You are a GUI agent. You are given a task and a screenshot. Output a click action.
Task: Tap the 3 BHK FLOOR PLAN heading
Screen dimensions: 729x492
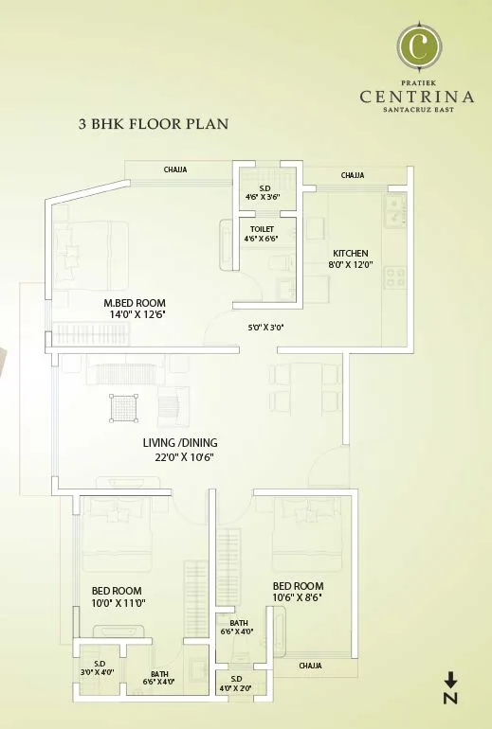[x=154, y=123]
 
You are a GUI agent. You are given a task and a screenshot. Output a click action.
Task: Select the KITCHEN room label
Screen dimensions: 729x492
[x=350, y=253]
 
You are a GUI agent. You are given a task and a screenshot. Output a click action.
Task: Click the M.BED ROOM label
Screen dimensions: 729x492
[x=135, y=303]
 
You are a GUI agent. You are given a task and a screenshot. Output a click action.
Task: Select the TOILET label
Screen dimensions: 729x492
[x=262, y=229]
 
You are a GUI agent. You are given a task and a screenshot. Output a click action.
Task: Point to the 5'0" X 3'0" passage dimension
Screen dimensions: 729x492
[x=264, y=327]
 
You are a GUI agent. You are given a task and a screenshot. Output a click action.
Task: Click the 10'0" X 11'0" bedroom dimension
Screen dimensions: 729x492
[x=118, y=602]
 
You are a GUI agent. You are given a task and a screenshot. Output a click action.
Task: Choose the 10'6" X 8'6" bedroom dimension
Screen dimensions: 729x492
[x=298, y=597]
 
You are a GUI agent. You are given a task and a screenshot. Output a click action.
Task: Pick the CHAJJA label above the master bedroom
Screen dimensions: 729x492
[x=175, y=170]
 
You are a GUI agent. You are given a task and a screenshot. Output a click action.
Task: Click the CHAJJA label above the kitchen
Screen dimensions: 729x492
[x=353, y=175]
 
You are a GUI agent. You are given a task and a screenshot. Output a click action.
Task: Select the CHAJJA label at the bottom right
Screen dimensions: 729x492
[x=310, y=666]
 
